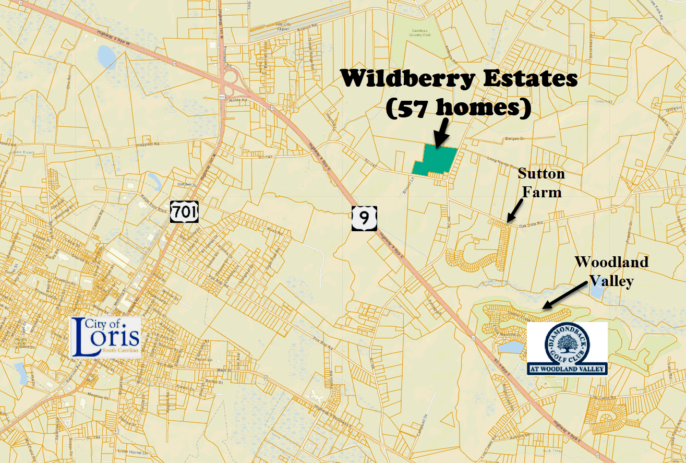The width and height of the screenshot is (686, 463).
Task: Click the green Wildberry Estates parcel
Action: (435, 161)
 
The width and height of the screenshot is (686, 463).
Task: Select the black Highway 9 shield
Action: (364, 218)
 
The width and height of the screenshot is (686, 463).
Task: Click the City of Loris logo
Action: (105, 337)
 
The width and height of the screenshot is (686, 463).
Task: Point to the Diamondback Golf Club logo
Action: (567, 348)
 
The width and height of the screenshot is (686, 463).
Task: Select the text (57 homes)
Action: (458, 108)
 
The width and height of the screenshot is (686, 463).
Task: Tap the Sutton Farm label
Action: (541, 183)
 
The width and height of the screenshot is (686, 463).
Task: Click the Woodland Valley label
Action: (611, 271)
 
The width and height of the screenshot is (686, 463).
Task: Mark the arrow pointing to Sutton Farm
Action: (515, 211)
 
